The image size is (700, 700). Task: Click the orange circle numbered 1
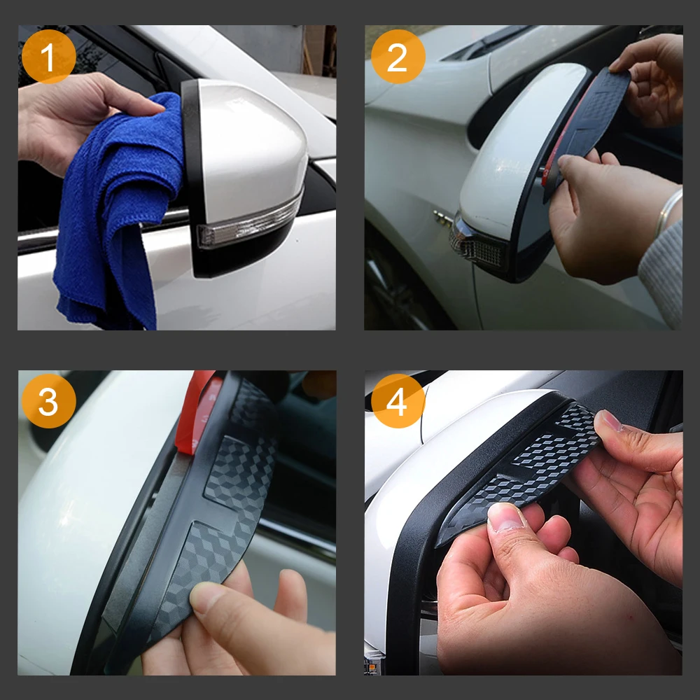click(x=49, y=56)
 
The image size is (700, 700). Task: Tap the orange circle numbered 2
click(x=398, y=56)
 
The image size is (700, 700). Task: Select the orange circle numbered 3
click(x=49, y=401)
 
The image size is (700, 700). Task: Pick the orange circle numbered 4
click(x=398, y=401)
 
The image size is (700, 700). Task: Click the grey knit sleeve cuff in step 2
click(x=663, y=272)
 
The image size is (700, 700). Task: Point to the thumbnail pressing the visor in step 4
click(x=506, y=518)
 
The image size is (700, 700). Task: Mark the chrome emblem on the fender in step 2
click(x=443, y=218)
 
